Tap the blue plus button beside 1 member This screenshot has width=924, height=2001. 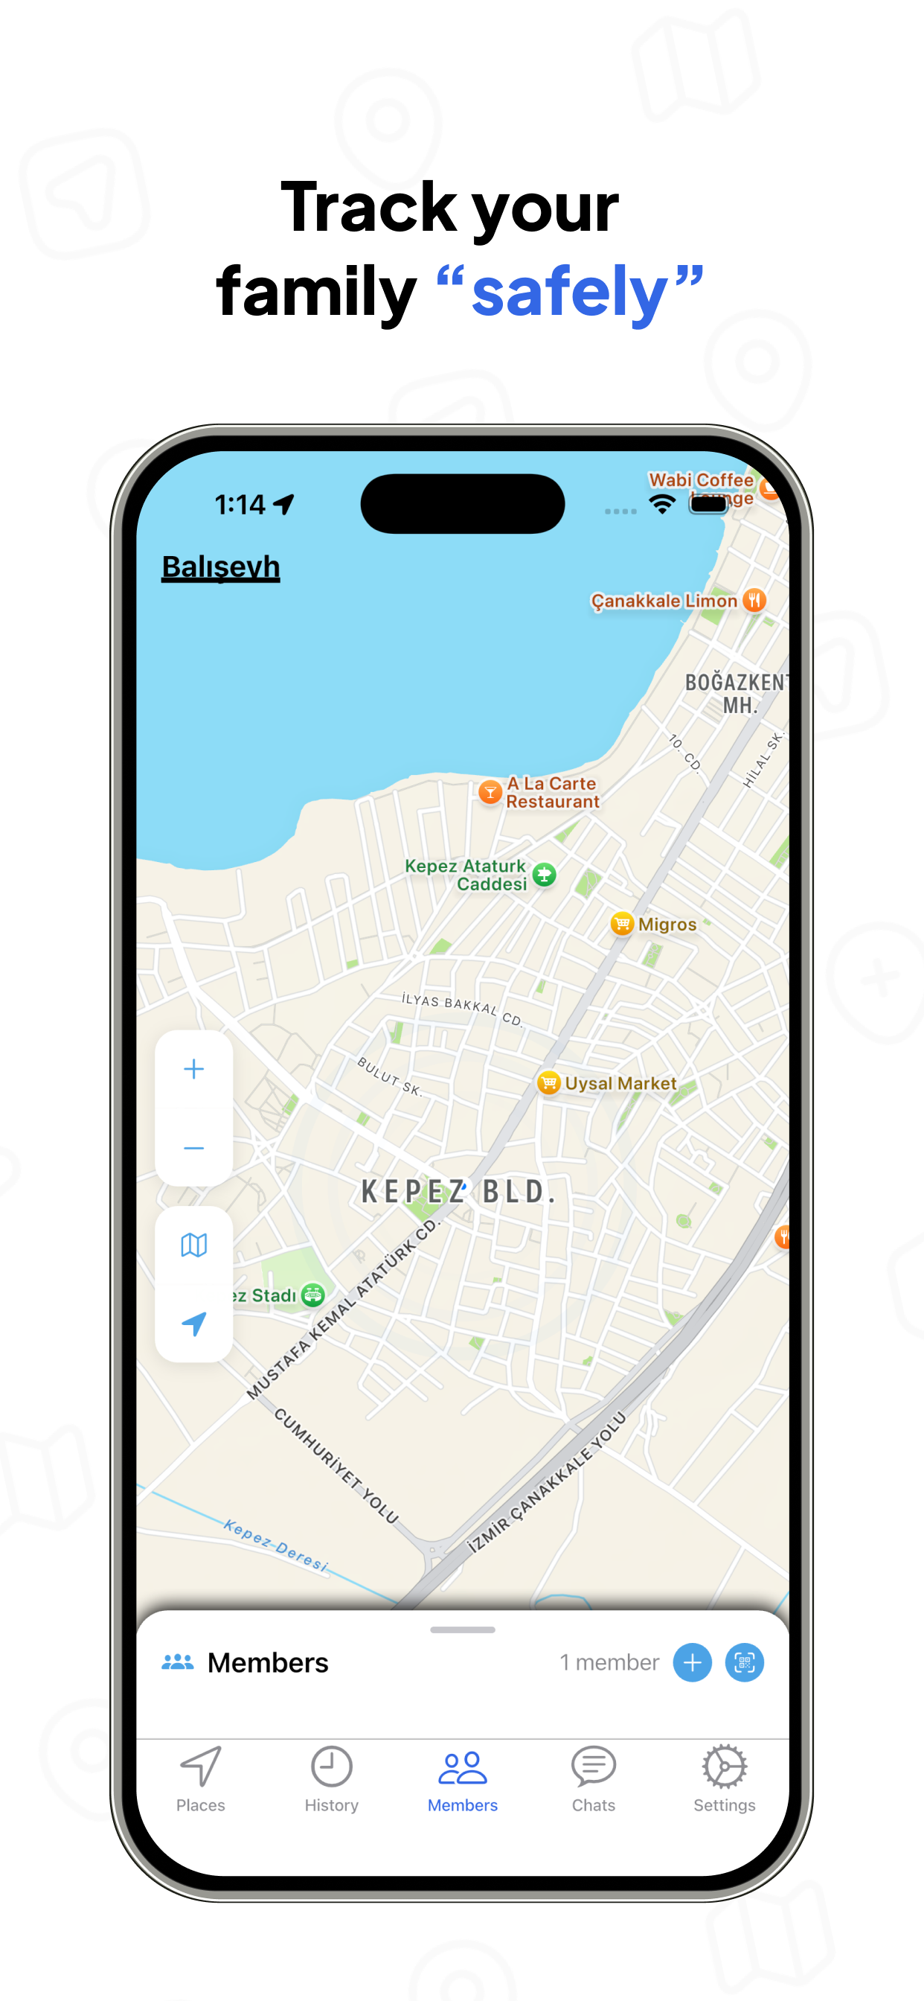coord(692,1662)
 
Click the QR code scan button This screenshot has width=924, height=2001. coord(744,1662)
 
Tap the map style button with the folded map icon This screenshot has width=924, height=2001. coord(194,1245)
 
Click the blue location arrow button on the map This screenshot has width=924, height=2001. coord(194,1323)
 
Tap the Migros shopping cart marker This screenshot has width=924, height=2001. coord(622,924)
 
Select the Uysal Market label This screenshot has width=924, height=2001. coord(620,1083)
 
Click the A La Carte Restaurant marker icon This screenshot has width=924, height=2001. coord(490,792)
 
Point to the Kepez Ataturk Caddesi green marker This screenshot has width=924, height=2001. coord(545,875)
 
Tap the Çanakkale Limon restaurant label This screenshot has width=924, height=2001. coord(664,601)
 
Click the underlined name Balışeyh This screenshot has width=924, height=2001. coord(220,567)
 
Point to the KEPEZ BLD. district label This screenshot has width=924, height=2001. coord(458,1192)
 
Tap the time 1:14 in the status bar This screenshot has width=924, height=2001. coord(240,505)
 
